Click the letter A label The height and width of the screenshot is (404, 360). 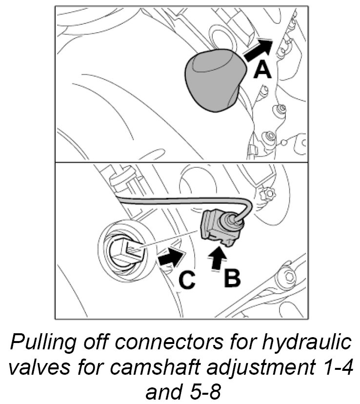click(262, 70)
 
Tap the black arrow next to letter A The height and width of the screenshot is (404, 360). click(257, 50)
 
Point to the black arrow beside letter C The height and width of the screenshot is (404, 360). click(171, 256)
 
